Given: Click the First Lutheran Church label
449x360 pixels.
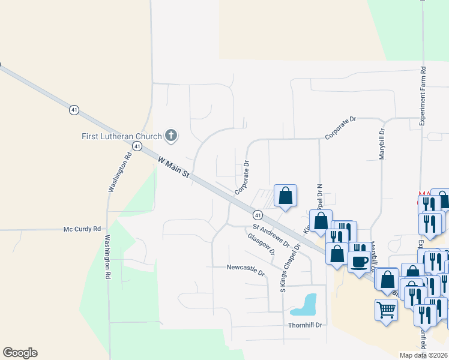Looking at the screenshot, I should [x=122, y=136].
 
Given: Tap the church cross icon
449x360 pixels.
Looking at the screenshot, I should [x=171, y=136].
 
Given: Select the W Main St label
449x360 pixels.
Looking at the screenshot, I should [x=174, y=168].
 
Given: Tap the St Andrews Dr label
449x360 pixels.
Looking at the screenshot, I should [x=271, y=236].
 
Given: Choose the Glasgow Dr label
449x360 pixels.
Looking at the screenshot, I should [x=261, y=244].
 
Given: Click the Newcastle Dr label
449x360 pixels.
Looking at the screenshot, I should [x=246, y=269].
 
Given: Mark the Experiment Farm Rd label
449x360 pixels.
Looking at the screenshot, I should [x=422, y=96].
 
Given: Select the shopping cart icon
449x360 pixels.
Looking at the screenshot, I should [x=386, y=310].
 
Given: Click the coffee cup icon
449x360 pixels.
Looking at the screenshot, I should [x=360, y=262].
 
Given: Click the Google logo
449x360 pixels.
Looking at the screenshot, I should [x=20, y=353].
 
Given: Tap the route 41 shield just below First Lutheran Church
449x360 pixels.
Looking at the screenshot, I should [x=137, y=146].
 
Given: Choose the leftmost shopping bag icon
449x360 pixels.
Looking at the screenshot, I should [x=286, y=196].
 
